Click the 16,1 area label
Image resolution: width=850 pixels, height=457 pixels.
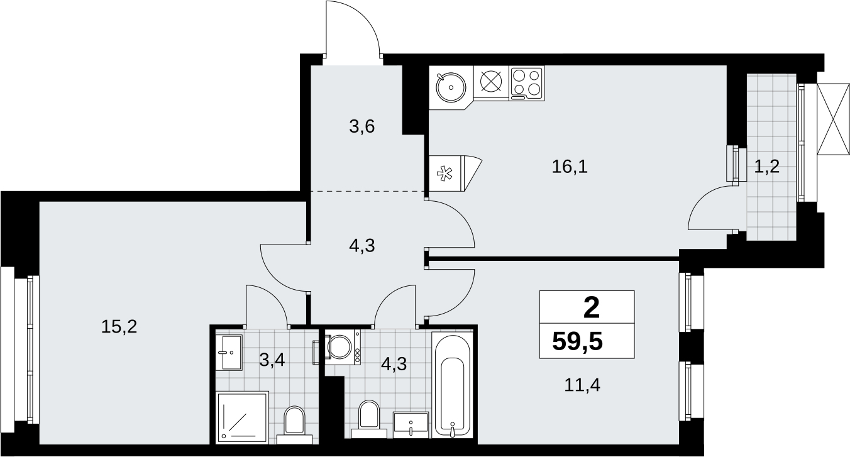[x=570, y=167]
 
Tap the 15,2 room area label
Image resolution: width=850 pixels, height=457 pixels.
[x=119, y=327]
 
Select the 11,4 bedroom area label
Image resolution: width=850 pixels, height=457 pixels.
[x=582, y=385]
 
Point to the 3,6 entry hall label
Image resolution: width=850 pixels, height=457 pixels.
[x=362, y=126]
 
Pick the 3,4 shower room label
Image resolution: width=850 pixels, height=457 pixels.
[x=272, y=360]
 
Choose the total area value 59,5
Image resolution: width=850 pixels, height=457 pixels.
[x=578, y=341]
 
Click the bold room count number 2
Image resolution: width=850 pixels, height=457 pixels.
[x=591, y=308]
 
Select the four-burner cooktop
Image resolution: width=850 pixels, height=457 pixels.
[x=527, y=84]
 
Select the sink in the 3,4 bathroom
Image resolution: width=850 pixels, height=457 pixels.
[x=231, y=352]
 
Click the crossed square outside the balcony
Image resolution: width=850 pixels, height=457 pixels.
[x=832, y=119]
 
